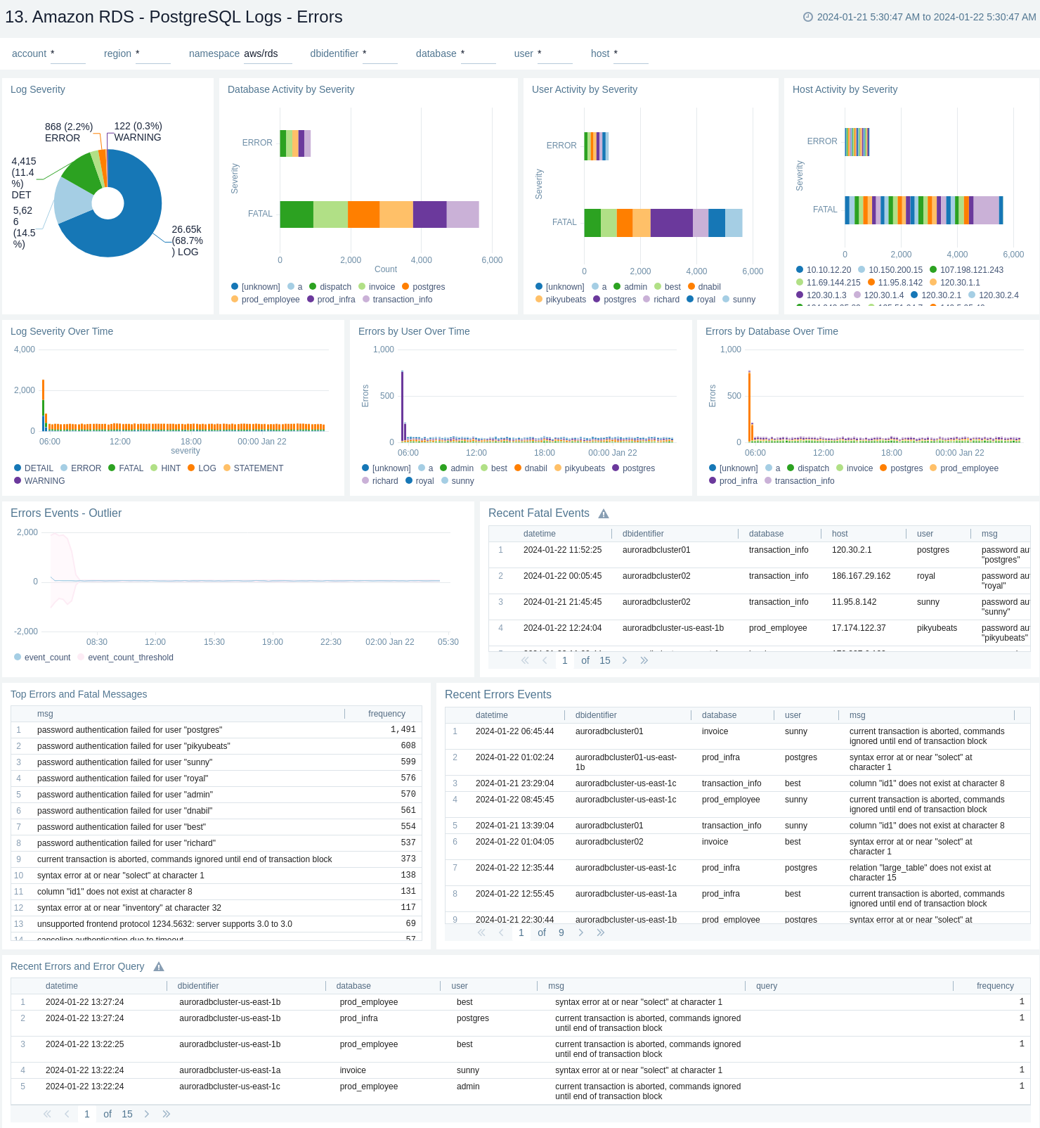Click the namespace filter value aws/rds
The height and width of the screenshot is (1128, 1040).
coord(261,53)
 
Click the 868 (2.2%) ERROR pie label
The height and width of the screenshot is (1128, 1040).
coord(68,132)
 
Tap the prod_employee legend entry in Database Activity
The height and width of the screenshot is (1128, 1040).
coord(270,300)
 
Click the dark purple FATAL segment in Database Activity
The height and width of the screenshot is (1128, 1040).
coord(429,214)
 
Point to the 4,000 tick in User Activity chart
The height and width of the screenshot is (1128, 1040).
coord(696,271)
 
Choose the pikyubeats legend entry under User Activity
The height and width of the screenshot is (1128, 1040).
coord(565,300)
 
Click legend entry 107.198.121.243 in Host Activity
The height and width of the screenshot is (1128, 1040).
coord(971,270)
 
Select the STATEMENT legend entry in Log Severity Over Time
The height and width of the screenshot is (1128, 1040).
coord(258,468)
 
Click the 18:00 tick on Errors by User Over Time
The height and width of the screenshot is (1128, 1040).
coord(544,453)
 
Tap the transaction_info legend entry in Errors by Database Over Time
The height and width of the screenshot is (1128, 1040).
coord(804,481)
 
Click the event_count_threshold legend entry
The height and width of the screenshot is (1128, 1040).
coord(130,658)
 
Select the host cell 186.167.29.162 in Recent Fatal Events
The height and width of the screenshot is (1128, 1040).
coord(861,576)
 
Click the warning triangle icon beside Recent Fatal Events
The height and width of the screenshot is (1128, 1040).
coord(604,514)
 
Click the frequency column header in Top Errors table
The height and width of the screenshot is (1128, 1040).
coord(386,714)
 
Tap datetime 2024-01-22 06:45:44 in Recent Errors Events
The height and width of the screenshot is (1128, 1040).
coord(514,731)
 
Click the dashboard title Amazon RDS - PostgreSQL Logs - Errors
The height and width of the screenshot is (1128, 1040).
coord(174,17)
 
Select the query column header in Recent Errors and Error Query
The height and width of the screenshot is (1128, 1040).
coord(766,986)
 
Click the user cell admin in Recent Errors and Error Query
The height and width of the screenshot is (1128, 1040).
coord(468,1087)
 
